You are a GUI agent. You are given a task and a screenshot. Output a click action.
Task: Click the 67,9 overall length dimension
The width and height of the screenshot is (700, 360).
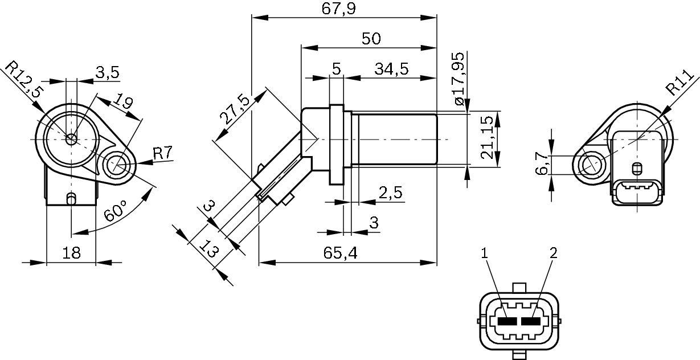343,9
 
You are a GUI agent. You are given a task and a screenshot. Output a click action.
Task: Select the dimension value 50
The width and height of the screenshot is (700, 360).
371,39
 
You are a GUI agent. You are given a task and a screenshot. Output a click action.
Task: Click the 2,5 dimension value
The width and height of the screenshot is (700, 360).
390,193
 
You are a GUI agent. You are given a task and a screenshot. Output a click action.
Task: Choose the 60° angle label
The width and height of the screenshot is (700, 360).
116,212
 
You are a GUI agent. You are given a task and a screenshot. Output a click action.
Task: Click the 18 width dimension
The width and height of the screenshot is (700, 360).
71,253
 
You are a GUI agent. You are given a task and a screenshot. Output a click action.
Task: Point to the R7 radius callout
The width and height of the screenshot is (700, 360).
163,153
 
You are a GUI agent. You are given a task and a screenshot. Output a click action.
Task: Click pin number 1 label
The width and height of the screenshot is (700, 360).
485,253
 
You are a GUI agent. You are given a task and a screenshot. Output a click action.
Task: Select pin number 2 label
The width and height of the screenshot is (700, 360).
552,253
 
